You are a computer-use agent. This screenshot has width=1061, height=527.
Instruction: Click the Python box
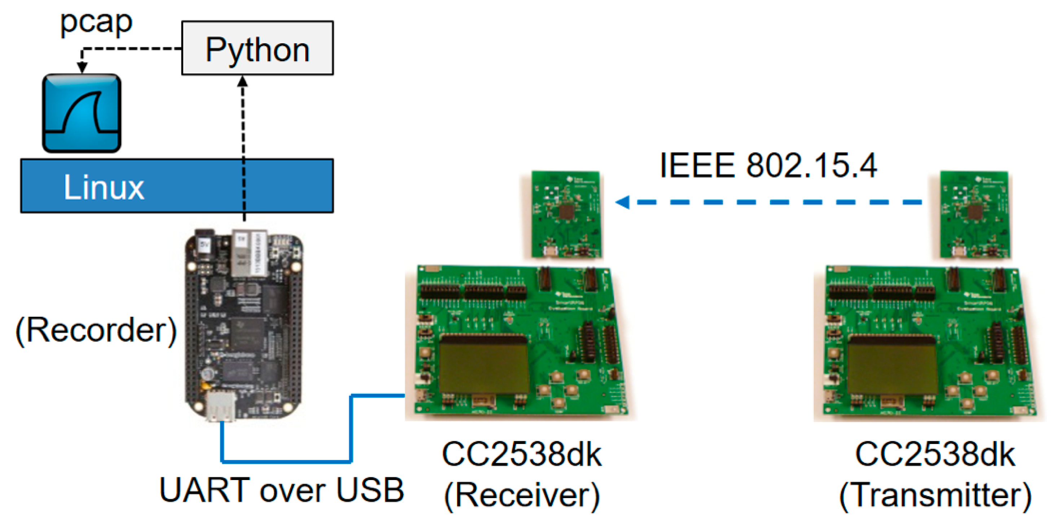click(x=258, y=48)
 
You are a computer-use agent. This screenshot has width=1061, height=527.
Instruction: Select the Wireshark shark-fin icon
click(x=82, y=113)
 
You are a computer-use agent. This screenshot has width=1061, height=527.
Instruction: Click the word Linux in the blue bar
click(x=104, y=187)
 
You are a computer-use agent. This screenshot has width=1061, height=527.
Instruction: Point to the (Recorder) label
click(x=96, y=331)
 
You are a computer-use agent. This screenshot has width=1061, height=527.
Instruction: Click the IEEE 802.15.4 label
click(x=768, y=166)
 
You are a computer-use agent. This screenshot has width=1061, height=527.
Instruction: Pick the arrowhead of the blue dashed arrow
click(x=623, y=202)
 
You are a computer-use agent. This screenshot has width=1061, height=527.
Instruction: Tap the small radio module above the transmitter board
click(x=974, y=215)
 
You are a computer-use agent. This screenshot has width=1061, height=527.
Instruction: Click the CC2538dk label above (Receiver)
click(x=522, y=455)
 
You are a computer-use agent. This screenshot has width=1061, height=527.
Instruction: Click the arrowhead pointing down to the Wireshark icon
click(x=82, y=67)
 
